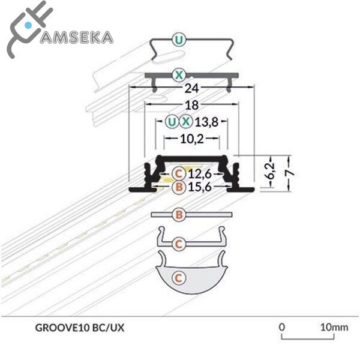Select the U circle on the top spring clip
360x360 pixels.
click(x=178, y=41)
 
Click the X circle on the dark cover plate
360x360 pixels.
click(x=178, y=75)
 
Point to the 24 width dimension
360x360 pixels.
click(x=191, y=88)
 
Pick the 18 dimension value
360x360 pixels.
click(x=191, y=104)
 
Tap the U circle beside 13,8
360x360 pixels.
click(x=172, y=122)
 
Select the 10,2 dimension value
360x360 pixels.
click(x=191, y=139)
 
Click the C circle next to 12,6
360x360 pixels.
click(x=178, y=174)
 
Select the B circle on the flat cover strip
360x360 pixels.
click(x=178, y=214)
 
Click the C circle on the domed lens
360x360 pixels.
click(x=178, y=278)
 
